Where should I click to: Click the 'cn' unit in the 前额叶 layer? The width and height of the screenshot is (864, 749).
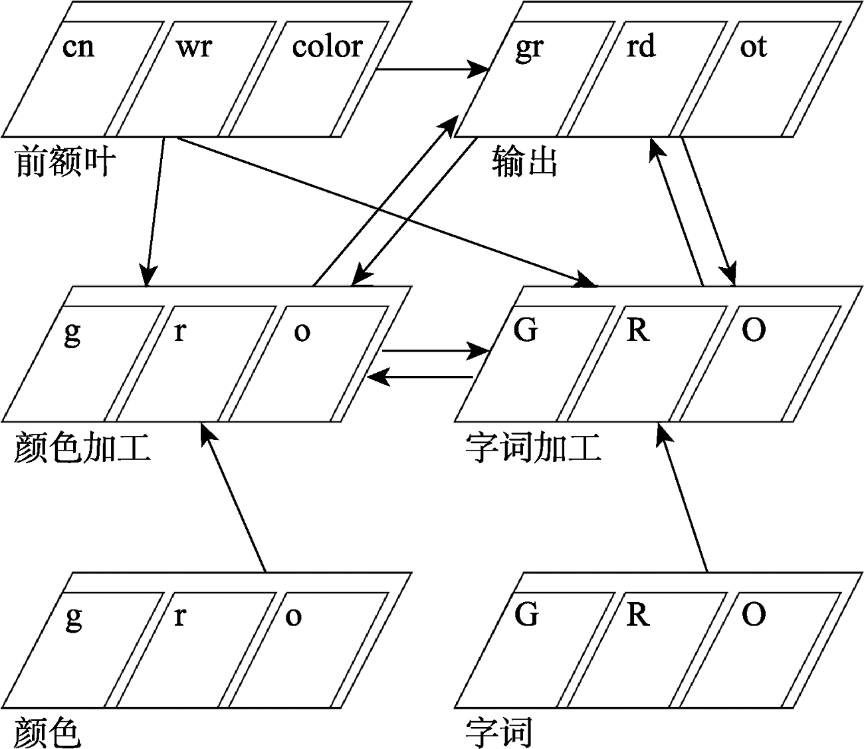pyautogui.click(x=78, y=47)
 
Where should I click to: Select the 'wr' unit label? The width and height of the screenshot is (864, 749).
pyautogui.click(x=194, y=47)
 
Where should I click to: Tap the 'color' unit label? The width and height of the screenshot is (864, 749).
pyautogui.click(x=327, y=47)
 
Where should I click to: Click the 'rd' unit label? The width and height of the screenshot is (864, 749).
pyautogui.click(x=641, y=47)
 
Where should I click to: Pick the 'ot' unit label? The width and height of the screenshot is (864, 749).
pyautogui.click(x=753, y=47)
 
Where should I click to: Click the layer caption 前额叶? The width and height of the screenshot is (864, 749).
pyautogui.click(x=65, y=161)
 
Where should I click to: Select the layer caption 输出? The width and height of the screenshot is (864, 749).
pyautogui.click(x=525, y=161)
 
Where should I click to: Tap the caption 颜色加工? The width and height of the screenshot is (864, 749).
pyautogui.click(x=82, y=447)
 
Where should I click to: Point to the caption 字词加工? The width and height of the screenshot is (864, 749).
pyautogui.click(x=534, y=447)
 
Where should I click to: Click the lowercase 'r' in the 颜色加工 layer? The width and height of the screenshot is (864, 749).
pyautogui.click(x=179, y=331)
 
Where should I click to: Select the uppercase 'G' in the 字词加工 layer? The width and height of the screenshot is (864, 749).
pyautogui.click(x=526, y=330)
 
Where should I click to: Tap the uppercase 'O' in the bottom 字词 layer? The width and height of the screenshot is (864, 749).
pyautogui.click(x=753, y=615)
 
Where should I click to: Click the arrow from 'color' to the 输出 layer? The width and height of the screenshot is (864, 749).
pyautogui.click(x=432, y=68)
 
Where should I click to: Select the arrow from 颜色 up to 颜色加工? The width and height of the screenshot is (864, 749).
pyautogui.click(x=234, y=498)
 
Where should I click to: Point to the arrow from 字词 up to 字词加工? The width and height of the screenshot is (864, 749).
pyautogui.click(x=682, y=498)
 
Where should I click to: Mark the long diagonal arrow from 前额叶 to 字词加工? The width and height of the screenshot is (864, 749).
pyautogui.click(x=385, y=211)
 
